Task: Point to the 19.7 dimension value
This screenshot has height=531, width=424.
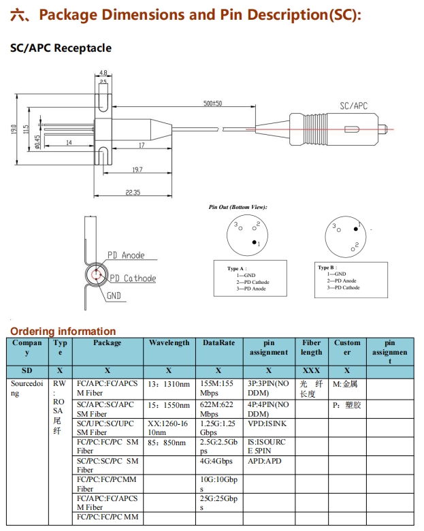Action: pyautogui.click(x=137, y=170)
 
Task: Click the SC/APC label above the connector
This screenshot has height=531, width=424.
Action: pyautogui.click(x=353, y=106)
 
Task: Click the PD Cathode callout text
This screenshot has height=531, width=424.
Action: pyautogui.click(x=133, y=278)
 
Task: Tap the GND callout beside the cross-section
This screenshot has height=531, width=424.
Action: pyautogui.click(x=114, y=296)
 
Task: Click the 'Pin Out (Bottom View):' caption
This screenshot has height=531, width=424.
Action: pyautogui.click(x=238, y=206)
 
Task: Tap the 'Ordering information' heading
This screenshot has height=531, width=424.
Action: pyautogui.click(x=63, y=332)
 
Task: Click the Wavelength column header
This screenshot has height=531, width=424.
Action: pyautogui.click(x=169, y=343)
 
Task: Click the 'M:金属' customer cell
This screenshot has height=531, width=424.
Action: pyautogui.click(x=345, y=384)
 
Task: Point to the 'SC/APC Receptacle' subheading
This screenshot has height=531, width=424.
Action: pyautogui.click(x=61, y=48)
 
